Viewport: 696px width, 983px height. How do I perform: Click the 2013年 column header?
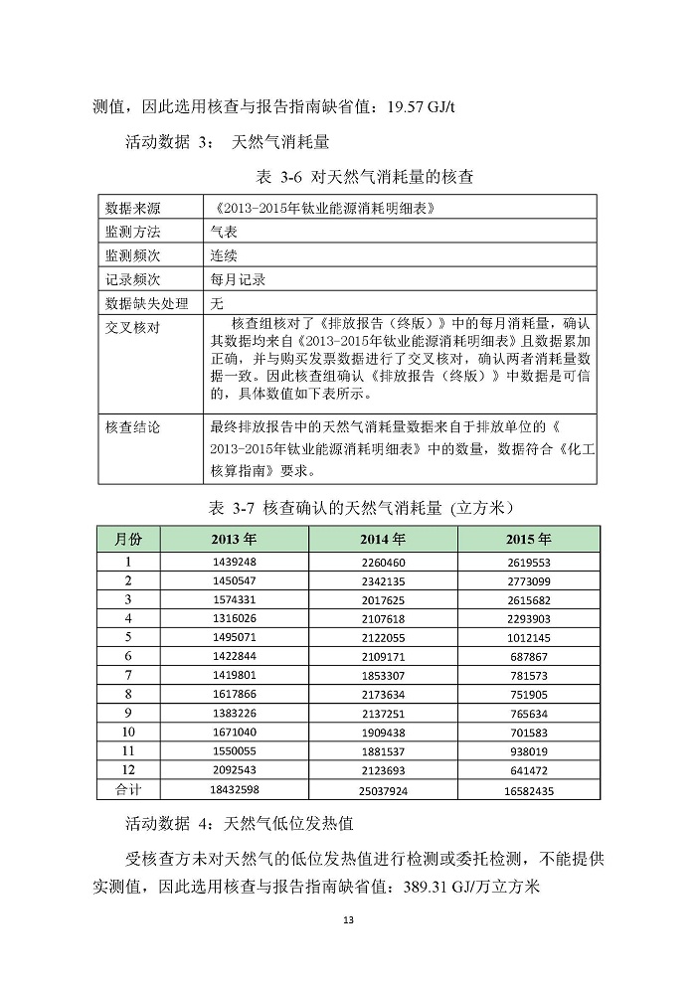(x=234, y=539)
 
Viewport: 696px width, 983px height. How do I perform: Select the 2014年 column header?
(x=383, y=539)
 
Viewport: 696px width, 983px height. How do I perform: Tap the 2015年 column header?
(x=528, y=539)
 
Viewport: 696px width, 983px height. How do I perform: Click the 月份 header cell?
(x=128, y=539)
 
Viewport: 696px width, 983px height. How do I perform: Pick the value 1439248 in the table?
(x=235, y=562)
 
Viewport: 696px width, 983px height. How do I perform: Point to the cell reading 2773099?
(x=528, y=580)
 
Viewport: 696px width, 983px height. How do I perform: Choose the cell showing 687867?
(x=528, y=656)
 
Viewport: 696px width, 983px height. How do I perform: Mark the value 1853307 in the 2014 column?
(x=383, y=675)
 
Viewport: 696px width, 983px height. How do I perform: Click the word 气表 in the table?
(x=224, y=232)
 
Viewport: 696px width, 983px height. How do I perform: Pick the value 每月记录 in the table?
(x=238, y=279)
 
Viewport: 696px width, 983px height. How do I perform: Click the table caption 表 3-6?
(x=263, y=179)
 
